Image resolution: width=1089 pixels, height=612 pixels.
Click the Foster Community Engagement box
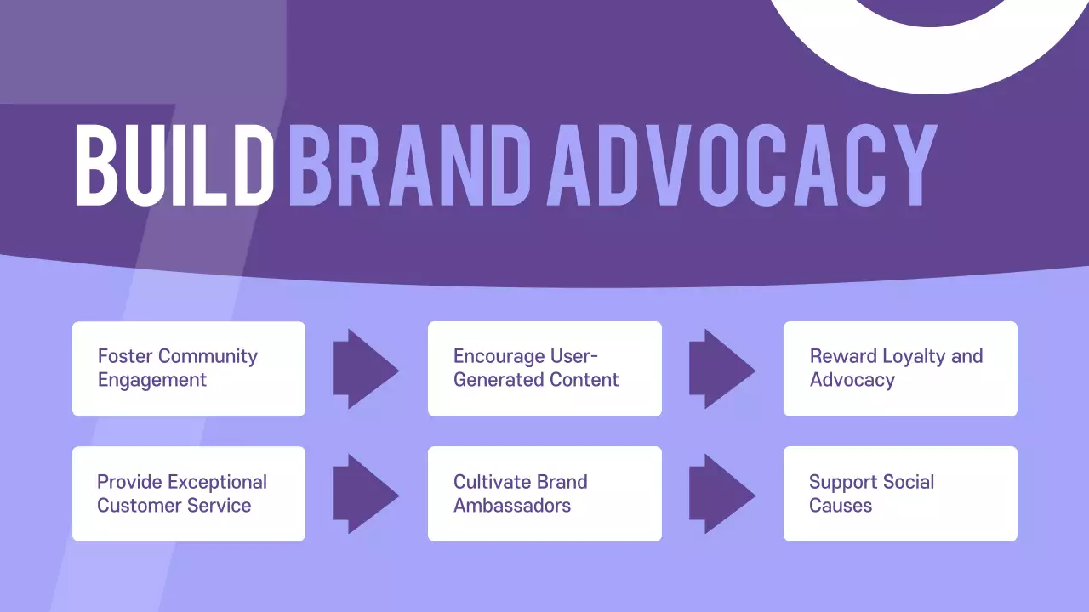189,369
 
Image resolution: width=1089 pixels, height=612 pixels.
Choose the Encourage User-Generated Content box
544,369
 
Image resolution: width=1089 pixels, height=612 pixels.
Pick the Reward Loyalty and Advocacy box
900,369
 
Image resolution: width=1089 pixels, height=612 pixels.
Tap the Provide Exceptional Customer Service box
189,494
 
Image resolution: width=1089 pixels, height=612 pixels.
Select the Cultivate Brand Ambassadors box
544,494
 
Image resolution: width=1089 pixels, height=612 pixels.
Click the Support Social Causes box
900,494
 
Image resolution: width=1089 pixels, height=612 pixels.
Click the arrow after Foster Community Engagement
364,369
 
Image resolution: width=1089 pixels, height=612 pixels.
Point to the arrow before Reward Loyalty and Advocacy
721,369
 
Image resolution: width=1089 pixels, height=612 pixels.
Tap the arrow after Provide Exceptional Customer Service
364,494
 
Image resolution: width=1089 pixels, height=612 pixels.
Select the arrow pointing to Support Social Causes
721,494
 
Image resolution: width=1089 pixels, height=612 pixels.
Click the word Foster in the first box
125,356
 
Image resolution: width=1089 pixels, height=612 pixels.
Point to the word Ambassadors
512,506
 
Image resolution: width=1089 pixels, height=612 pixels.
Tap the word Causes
841,506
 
